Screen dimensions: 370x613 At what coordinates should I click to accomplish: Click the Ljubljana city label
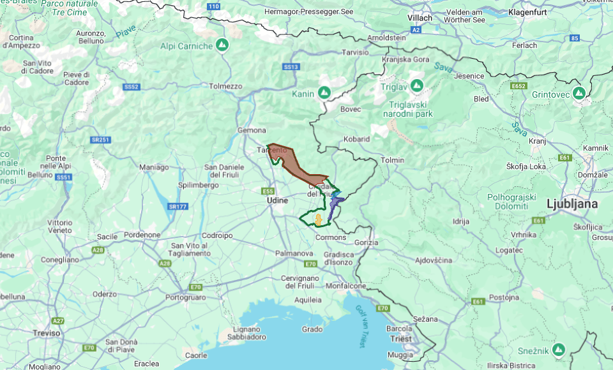click(x=572, y=204)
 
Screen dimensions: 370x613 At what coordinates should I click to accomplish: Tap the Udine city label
click(x=277, y=201)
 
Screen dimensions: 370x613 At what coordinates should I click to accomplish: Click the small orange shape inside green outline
click(x=317, y=220)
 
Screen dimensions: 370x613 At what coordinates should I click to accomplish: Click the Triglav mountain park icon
click(x=417, y=85)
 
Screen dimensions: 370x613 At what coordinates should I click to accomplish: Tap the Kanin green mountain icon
click(x=324, y=94)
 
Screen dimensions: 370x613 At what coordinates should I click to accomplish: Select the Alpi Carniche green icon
click(x=222, y=45)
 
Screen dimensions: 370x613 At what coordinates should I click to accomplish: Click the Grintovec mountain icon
click(x=579, y=93)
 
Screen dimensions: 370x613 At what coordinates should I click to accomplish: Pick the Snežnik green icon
click(x=559, y=349)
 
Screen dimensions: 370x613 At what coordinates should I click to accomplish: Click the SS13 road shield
click(x=291, y=66)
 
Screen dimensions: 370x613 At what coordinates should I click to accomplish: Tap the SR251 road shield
click(x=101, y=140)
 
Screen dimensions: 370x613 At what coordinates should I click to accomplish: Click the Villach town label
click(x=420, y=18)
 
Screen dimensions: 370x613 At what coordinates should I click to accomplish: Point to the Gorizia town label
click(x=367, y=242)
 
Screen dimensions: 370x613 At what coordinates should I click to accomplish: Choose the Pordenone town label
click(x=142, y=235)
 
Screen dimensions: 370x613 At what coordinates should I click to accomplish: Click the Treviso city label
click(x=47, y=333)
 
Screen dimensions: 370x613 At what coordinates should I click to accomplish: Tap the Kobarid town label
click(x=356, y=138)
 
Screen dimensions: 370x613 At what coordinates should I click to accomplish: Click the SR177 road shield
click(x=178, y=206)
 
